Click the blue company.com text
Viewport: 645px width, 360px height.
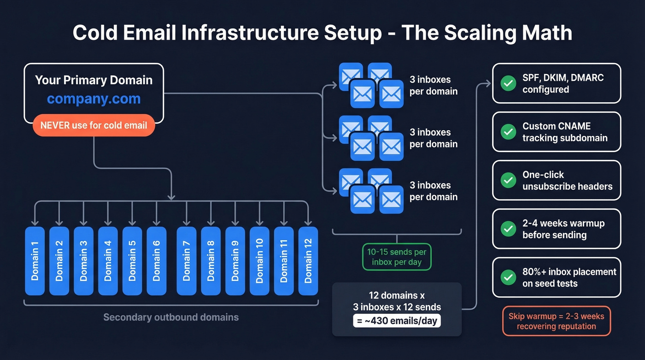(94, 99)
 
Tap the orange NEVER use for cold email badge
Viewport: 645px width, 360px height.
(94, 125)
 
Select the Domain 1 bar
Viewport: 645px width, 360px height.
(35, 260)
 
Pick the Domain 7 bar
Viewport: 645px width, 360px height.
(187, 260)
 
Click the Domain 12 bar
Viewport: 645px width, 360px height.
(308, 260)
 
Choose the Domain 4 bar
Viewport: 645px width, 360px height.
(108, 260)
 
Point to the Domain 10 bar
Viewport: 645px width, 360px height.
(259, 260)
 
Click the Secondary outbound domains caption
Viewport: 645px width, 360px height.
(171, 317)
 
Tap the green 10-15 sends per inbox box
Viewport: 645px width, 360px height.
(397, 257)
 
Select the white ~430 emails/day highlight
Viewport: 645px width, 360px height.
(397, 320)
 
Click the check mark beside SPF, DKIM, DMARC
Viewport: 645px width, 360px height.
(508, 83)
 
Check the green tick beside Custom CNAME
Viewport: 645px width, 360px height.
(508, 132)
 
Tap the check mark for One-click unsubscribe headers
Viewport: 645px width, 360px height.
(508, 180)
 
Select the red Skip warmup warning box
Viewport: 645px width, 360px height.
(557, 320)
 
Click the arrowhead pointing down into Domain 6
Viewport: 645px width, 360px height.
(156, 223)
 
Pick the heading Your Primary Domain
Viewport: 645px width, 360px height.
(94, 80)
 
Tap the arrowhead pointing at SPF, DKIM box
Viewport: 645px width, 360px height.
(488, 84)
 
